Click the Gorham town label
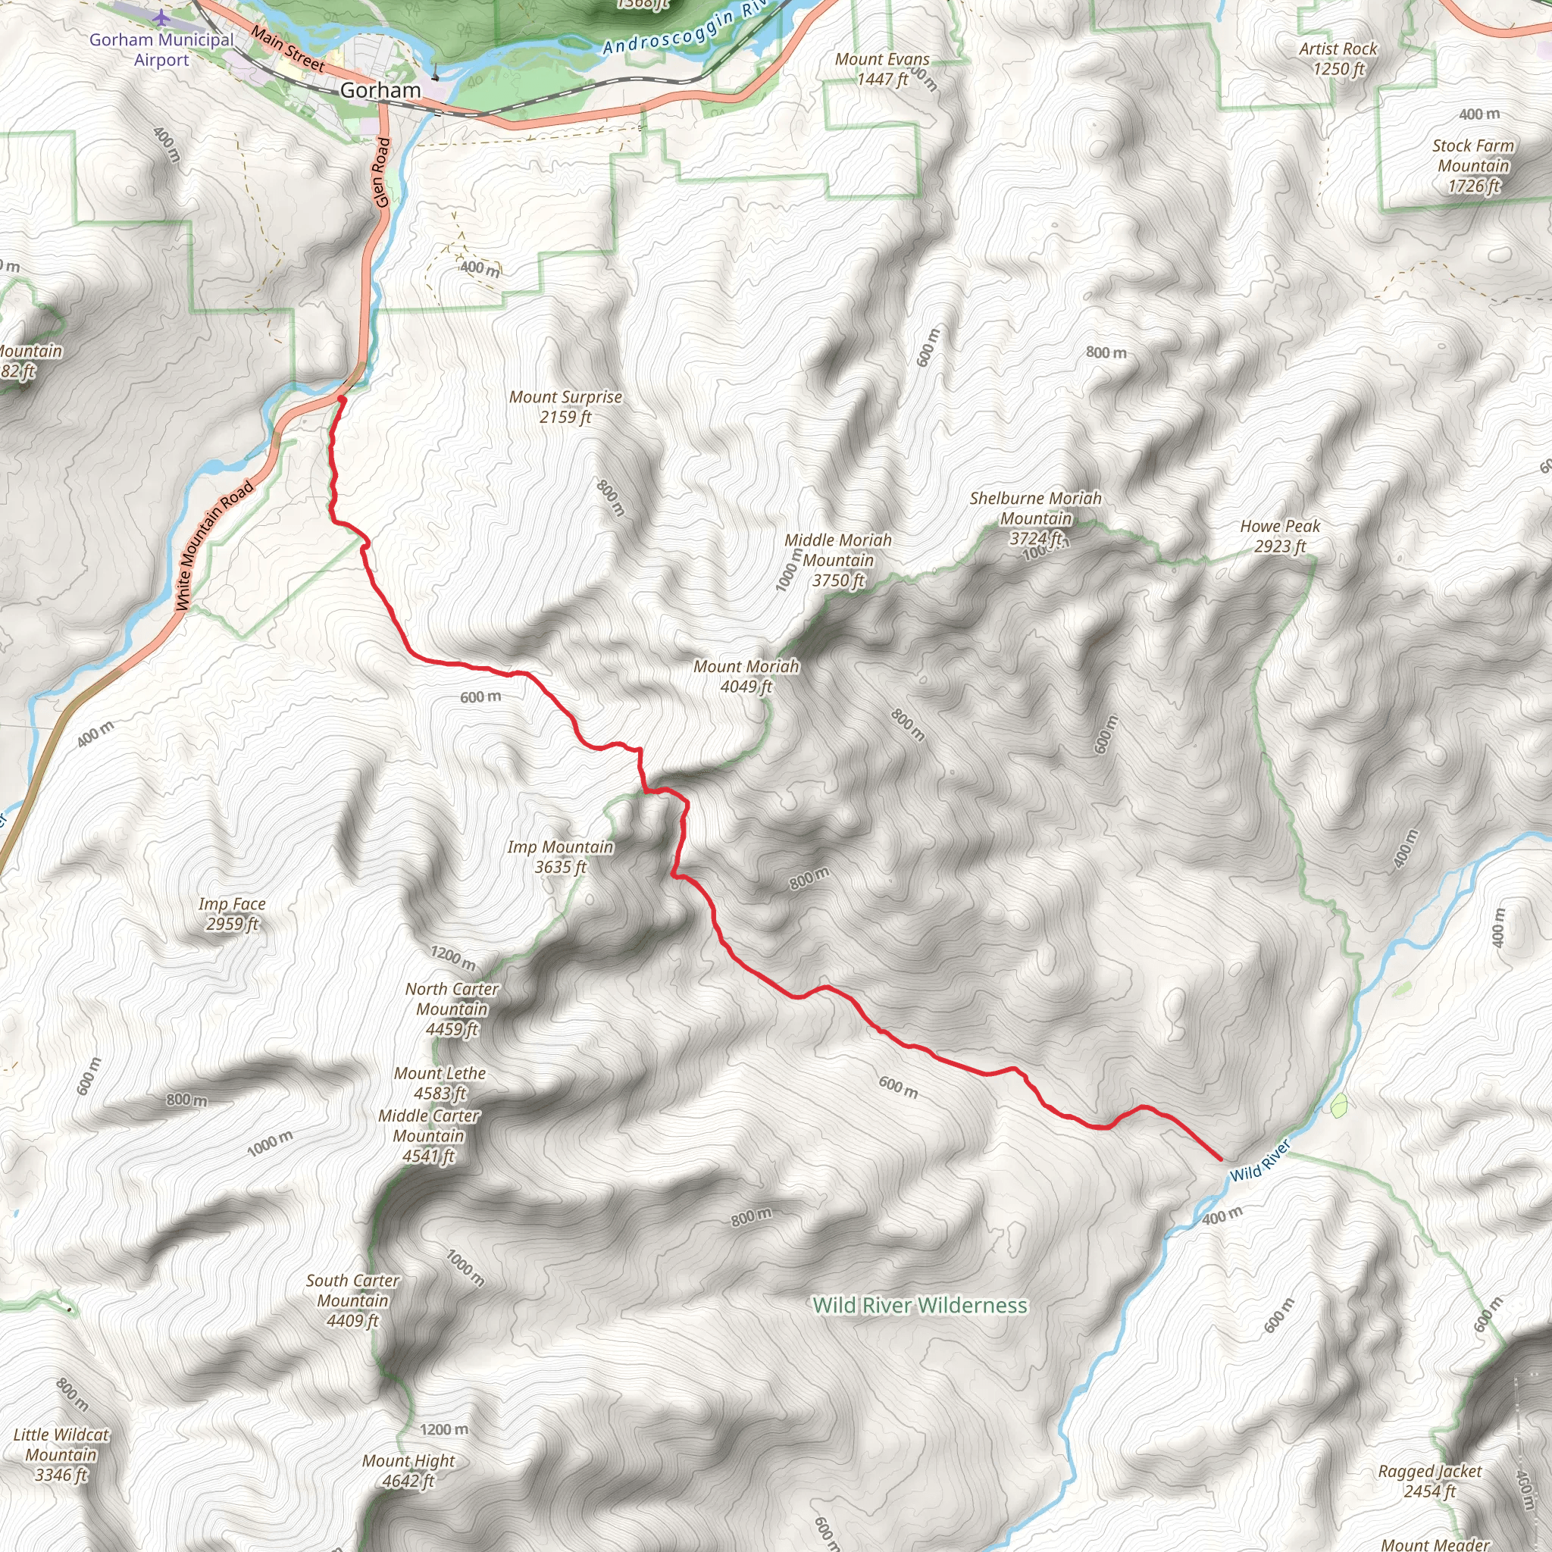(x=380, y=90)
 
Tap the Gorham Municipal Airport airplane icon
(x=161, y=17)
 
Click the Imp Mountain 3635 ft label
(x=560, y=856)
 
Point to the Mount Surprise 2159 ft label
(x=565, y=406)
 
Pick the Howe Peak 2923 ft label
(x=1280, y=536)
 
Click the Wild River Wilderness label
(x=920, y=1306)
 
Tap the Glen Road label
(x=383, y=173)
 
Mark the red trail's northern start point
(x=342, y=399)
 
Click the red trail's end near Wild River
(x=1220, y=1159)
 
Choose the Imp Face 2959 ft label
(x=232, y=913)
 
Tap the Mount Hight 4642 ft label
(x=408, y=1471)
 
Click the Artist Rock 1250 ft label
(x=1338, y=58)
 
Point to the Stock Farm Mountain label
(x=1472, y=165)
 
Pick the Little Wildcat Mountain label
(x=61, y=1454)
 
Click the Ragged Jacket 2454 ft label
(x=1429, y=1482)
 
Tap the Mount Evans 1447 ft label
(x=881, y=69)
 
